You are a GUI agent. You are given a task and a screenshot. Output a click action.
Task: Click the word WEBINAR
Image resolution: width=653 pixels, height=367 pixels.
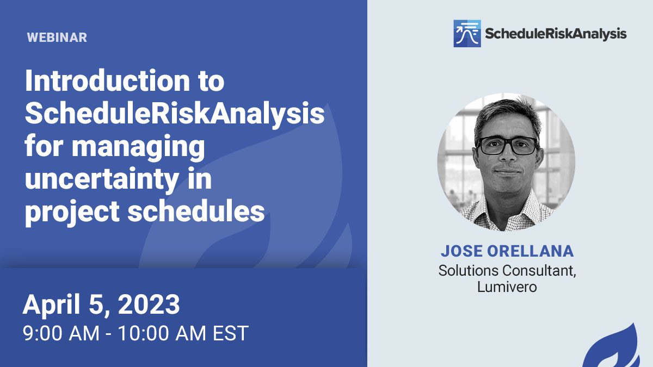pos(57,38)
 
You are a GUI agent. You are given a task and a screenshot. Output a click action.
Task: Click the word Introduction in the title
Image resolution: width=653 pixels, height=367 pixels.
pos(107,80)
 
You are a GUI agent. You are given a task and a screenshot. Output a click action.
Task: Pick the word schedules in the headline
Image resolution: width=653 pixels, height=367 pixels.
pos(196,210)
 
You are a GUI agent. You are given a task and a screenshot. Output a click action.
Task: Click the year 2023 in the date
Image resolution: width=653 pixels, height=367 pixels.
pos(149,304)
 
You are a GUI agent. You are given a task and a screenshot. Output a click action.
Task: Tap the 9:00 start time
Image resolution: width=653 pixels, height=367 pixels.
pos(43,333)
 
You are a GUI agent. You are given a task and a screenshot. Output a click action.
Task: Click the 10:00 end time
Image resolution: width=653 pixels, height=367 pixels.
pos(143,333)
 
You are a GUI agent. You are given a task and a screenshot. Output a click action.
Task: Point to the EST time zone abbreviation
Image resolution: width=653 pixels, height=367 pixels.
pos(230,333)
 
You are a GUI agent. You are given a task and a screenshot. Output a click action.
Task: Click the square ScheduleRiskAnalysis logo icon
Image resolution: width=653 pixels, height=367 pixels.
pos(467,34)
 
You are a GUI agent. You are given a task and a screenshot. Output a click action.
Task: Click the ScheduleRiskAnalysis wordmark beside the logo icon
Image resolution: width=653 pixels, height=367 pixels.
pos(556,34)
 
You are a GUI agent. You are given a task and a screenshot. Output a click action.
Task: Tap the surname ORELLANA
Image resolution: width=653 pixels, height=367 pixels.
pos(530,251)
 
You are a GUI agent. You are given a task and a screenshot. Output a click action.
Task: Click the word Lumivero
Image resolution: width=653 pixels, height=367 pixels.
pos(507,287)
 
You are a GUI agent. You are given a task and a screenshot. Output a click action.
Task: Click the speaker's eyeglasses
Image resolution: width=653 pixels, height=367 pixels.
pos(507,146)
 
